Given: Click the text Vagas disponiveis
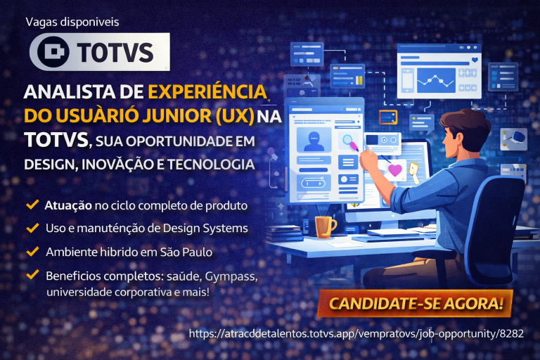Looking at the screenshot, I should click(x=72, y=22).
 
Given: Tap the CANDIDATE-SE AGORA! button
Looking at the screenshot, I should click(x=416, y=304).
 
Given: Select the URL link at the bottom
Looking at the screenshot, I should click(x=356, y=333).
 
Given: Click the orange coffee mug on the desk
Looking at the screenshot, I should click(x=325, y=226).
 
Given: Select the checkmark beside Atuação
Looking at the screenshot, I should click(x=32, y=205).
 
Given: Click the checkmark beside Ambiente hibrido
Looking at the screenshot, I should click(x=32, y=251).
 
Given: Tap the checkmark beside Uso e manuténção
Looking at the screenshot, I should click(x=32, y=228).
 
